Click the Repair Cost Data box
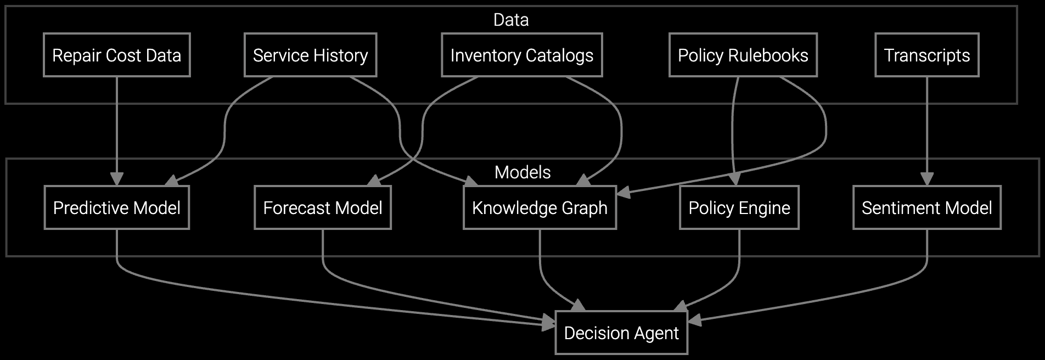pos(116,55)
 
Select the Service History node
pos(310,55)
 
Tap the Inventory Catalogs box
pos(521,55)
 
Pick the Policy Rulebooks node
pos(743,55)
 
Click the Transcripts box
pos(926,55)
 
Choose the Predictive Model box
pos(116,208)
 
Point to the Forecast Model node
pos(322,208)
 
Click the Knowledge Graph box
pos(540,208)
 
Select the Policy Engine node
pos(739,208)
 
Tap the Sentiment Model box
pos(926,208)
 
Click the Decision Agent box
pos(621,333)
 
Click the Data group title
pos(511,20)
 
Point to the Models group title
pos(522,172)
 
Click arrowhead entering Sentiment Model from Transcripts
pos(926,179)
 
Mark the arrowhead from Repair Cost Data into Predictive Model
pos(116,179)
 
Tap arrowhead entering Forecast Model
pos(374,181)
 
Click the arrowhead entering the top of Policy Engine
pos(735,179)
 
